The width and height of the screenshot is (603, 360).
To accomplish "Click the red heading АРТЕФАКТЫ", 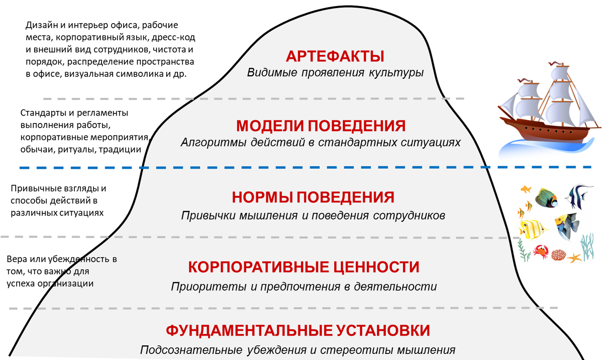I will tap(335, 55).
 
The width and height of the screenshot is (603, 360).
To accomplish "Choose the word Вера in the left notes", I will tap(16, 260).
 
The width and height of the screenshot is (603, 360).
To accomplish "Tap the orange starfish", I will tap(574, 258).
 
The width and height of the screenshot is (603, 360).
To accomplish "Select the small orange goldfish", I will tap(526, 189).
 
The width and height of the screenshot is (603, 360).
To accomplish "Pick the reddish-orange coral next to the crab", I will tap(558, 255).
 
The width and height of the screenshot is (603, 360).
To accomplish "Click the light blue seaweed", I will tap(587, 246).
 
